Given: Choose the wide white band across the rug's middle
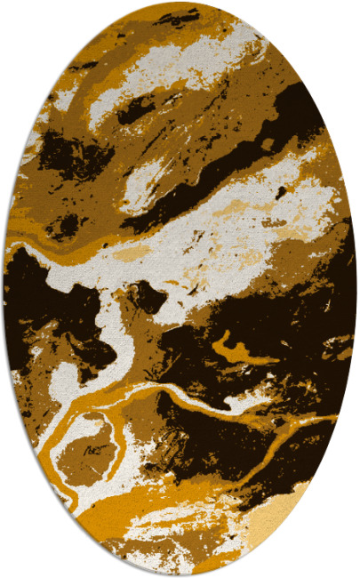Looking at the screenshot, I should click(204, 245).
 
